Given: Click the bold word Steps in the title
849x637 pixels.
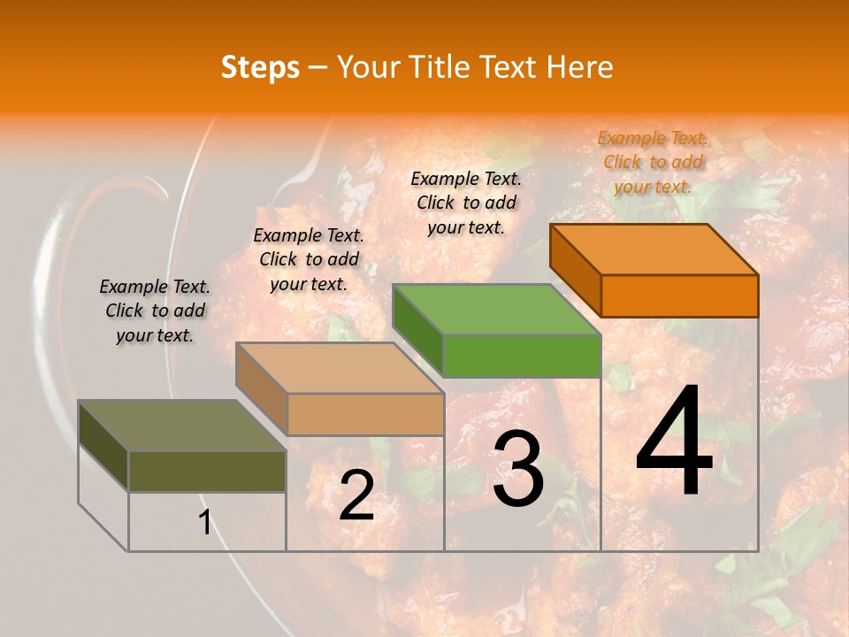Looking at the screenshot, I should (260, 67).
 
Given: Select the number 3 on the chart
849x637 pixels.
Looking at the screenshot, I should (518, 470).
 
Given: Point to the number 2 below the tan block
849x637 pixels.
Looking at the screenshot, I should (356, 496).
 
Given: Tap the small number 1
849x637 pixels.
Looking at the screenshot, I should (205, 523).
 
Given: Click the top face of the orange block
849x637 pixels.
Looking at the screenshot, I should (654, 249).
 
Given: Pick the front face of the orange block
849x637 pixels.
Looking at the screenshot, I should (679, 295).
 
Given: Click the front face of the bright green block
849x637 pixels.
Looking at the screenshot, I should (522, 356).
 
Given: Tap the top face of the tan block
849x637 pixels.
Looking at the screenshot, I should (340, 368).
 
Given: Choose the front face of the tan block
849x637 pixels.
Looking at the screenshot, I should (365, 414).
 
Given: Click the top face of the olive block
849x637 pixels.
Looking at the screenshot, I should (182, 426).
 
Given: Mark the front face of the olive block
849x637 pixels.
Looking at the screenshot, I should (207, 471).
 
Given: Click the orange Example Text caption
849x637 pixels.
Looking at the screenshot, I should (653, 162).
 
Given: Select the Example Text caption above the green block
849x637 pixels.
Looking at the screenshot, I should (466, 203).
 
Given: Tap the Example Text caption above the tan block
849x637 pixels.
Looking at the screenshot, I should (309, 259).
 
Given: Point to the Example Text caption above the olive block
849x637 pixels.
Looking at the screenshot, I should (155, 311).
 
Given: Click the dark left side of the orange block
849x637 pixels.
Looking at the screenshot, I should (575, 269).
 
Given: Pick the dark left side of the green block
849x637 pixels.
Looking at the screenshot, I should (417, 329).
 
